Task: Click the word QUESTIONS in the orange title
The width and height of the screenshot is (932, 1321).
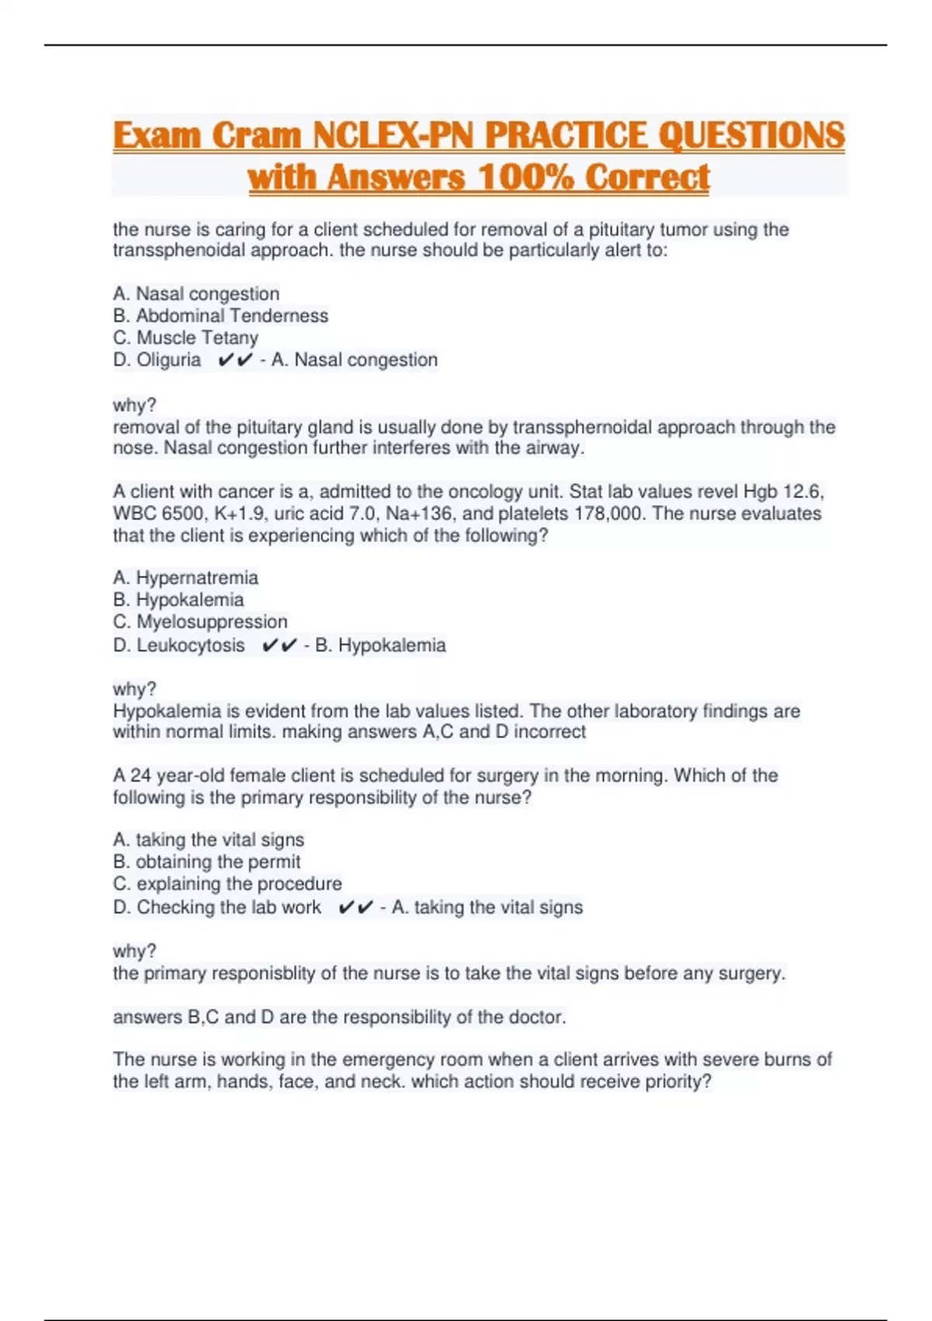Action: [x=751, y=136]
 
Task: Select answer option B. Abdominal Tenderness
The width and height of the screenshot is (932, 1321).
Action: [x=221, y=315]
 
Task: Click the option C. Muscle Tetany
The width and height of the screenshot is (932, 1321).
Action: [x=186, y=338]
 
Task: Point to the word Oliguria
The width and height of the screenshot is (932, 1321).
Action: [x=169, y=360]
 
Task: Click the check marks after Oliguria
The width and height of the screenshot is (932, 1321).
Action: [x=236, y=360]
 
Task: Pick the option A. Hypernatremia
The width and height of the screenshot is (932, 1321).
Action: [x=186, y=577]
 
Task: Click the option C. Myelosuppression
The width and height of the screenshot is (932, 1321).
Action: [x=200, y=622]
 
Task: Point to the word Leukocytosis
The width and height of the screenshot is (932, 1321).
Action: [x=190, y=645]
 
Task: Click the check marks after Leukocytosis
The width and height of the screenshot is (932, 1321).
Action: [x=280, y=645]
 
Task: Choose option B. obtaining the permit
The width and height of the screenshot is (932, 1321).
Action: [x=207, y=862]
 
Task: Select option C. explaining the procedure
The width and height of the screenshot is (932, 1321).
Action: [x=228, y=884]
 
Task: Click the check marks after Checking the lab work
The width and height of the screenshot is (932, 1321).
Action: [x=356, y=907]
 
